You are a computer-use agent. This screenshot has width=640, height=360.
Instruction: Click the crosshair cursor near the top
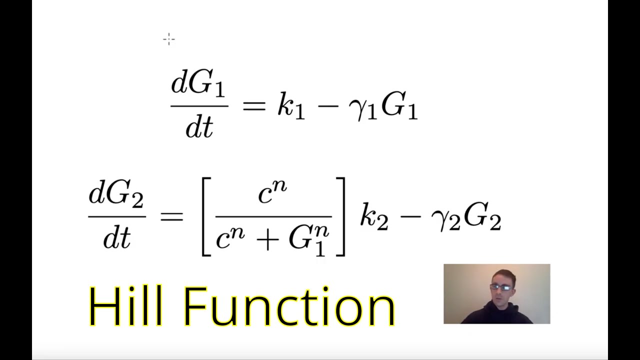(x=169, y=39)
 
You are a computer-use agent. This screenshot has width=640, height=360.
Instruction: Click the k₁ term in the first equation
(x=290, y=107)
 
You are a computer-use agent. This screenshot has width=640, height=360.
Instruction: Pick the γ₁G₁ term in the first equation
(x=382, y=107)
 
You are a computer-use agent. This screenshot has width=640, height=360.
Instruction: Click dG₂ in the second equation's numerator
(x=116, y=195)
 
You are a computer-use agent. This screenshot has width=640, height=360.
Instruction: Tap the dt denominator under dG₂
(x=116, y=238)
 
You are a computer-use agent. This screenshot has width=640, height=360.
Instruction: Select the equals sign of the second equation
(x=171, y=217)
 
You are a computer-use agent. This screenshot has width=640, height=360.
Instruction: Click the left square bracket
(x=206, y=217)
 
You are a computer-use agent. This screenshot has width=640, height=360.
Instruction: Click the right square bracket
(x=340, y=217)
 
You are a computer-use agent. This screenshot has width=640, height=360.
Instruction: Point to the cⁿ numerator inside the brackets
(x=272, y=193)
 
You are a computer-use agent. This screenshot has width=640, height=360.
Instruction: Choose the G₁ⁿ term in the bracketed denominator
(x=308, y=240)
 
